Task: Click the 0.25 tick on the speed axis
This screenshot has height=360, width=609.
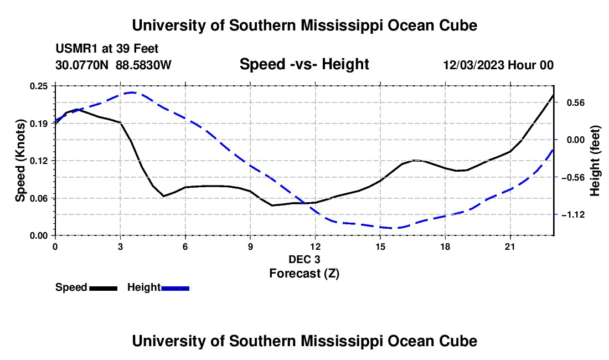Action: click(x=38, y=86)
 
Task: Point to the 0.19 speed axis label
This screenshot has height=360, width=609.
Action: click(x=38, y=124)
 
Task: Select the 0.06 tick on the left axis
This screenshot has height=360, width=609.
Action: click(x=38, y=198)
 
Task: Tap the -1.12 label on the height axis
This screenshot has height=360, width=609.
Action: click(x=573, y=215)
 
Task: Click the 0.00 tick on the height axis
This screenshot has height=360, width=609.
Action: click(x=576, y=140)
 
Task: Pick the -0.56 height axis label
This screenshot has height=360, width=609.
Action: click(x=573, y=177)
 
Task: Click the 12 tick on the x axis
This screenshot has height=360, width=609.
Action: click(x=316, y=246)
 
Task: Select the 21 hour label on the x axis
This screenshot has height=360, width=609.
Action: click(x=510, y=246)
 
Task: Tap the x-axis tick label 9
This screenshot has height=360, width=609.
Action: click(x=250, y=246)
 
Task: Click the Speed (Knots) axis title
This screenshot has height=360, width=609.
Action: click(x=20, y=161)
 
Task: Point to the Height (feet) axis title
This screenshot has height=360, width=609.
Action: click(x=595, y=161)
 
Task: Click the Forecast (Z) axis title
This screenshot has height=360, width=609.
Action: click(x=304, y=274)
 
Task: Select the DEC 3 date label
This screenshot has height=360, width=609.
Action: click(x=304, y=259)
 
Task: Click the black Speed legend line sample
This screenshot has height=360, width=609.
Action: click(x=104, y=288)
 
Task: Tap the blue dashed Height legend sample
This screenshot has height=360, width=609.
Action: click(x=175, y=288)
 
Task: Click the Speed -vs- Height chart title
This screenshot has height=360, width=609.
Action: click(x=304, y=64)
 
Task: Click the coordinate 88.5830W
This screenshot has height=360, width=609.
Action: click(x=143, y=65)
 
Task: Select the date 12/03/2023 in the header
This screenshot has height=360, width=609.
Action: click(x=473, y=65)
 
